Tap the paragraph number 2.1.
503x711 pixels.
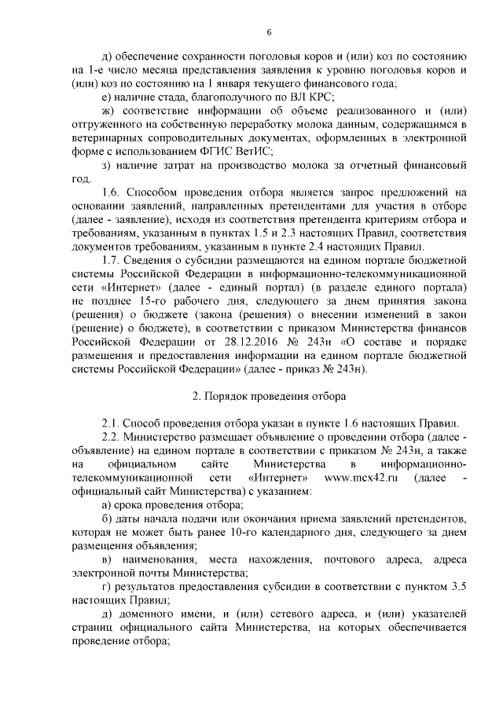113,425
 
